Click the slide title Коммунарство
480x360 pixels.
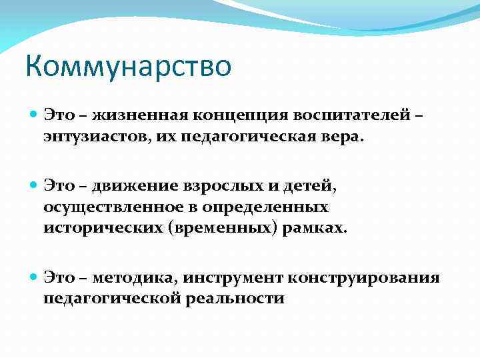pyautogui.click(x=128, y=67)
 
